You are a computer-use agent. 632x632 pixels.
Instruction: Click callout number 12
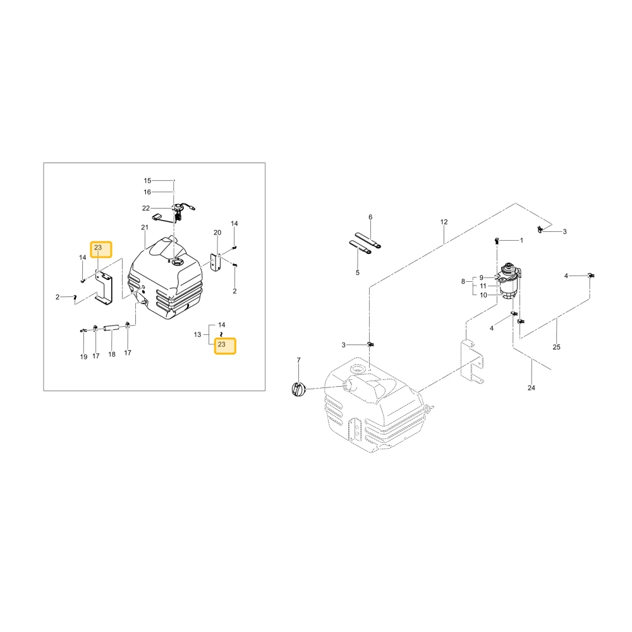tap(444, 222)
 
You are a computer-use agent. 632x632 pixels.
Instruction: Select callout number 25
tap(556, 347)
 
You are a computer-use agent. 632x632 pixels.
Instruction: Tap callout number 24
tap(532, 388)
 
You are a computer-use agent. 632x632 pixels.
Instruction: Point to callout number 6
tap(370, 217)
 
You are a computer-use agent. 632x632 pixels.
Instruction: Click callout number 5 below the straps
tap(358, 273)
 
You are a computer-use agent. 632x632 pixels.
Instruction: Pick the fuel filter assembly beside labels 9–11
tap(509, 281)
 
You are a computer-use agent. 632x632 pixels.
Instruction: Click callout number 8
tap(463, 282)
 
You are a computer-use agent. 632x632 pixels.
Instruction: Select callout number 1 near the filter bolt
tap(521, 241)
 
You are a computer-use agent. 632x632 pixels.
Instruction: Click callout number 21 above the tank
tap(145, 228)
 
